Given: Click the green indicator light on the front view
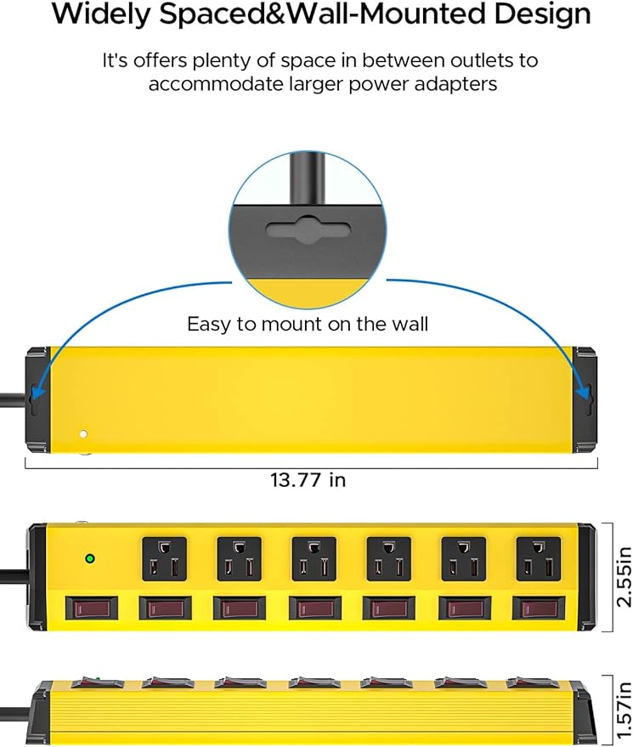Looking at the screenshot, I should tap(88, 558).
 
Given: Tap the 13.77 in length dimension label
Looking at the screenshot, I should tap(308, 480).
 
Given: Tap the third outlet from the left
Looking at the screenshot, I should tap(311, 559).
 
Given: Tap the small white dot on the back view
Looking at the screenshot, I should tap(82, 434).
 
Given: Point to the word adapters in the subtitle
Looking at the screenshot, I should tap(455, 84).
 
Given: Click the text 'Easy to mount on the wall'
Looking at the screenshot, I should tap(308, 324).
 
